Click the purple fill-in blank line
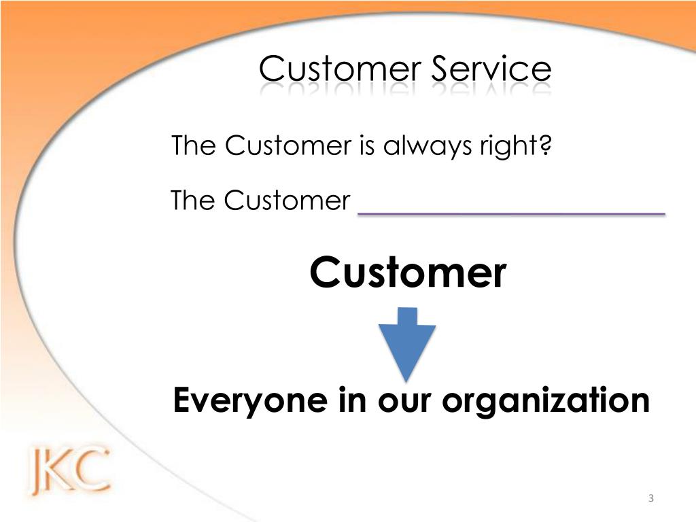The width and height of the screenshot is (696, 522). [511, 213]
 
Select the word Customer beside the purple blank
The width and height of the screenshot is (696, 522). [287, 201]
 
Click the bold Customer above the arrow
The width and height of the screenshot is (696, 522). [408, 273]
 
